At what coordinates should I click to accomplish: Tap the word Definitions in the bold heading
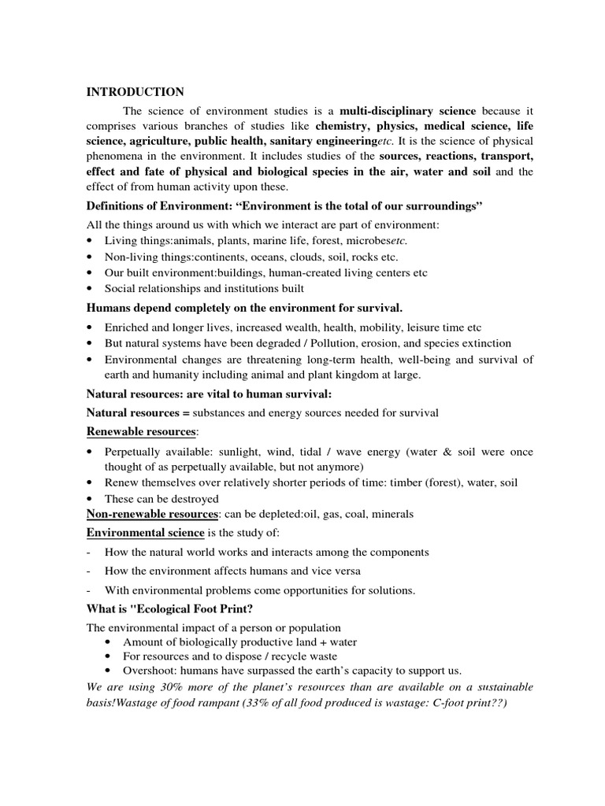(117, 206)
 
